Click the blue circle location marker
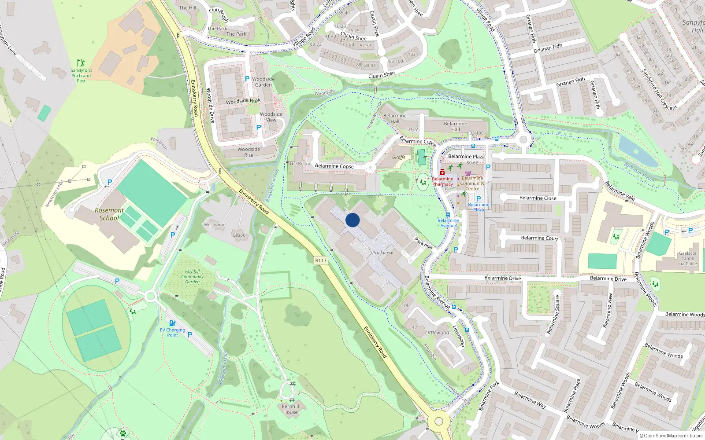(x=352, y=220)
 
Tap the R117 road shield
(x=321, y=260)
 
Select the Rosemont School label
(x=109, y=214)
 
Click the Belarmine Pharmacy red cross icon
(x=442, y=172)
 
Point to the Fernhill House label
(x=290, y=409)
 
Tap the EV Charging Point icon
(x=172, y=323)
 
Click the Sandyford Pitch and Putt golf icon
(x=80, y=63)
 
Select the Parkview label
(x=382, y=253)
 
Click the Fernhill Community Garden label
(x=193, y=276)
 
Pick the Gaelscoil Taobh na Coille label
(x=688, y=258)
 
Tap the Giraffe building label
(x=399, y=157)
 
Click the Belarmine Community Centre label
(x=472, y=183)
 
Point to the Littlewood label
(x=437, y=333)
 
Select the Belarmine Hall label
(x=456, y=126)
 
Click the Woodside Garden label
(x=263, y=82)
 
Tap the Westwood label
(x=215, y=225)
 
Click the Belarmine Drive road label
(x=502, y=278)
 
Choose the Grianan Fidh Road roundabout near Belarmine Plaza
(x=523, y=140)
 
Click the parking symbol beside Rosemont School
(x=110, y=182)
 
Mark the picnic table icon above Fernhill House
(x=292, y=385)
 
